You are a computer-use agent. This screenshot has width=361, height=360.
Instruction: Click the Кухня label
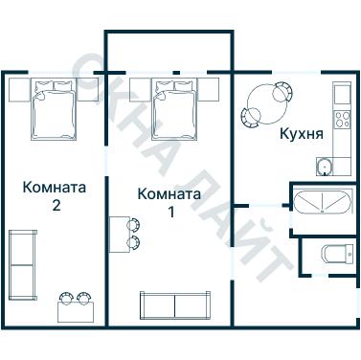(300, 133)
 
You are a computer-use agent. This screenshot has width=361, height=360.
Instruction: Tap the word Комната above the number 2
(55, 187)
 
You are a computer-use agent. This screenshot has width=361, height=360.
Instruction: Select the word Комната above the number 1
(169, 194)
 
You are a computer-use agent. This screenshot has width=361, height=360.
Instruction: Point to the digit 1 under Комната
(171, 212)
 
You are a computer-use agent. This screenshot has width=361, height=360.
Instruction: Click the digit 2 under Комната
(56, 205)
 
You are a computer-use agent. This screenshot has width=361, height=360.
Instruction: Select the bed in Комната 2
(54, 110)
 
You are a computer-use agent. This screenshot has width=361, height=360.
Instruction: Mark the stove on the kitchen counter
(342, 119)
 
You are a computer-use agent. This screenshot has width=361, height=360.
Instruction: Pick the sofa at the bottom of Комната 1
(174, 305)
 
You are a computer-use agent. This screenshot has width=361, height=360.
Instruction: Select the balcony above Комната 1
(169, 50)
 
